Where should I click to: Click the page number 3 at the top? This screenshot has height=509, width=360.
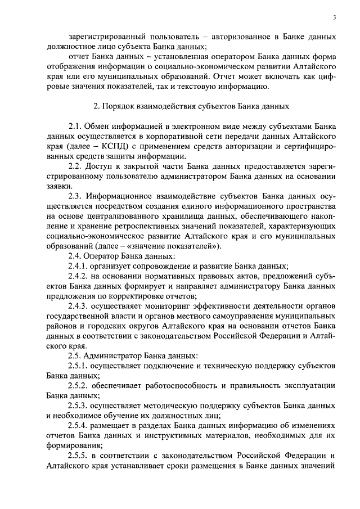[x=334, y=18]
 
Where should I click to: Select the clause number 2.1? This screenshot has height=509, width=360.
[x=76, y=127]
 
